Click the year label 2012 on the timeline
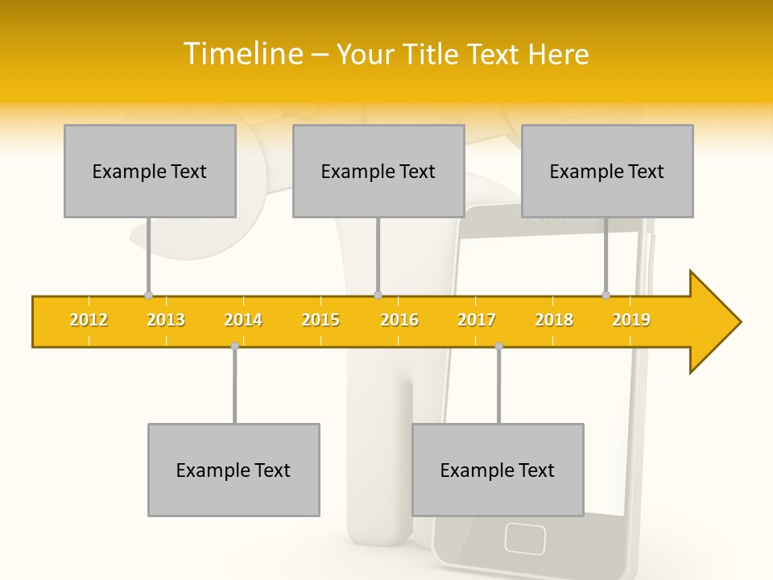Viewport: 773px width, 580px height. (x=89, y=320)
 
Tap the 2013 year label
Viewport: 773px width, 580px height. (x=166, y=320)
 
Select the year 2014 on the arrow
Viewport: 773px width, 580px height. (x=243, y=320)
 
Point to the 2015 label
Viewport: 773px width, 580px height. (x=320, y=320)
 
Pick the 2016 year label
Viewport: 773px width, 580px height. (x=399, y=320)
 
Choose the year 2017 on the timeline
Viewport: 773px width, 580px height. (x=477, y=320)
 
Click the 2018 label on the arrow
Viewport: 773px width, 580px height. (x=554, y=320)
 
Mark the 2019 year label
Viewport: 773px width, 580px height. (x=631, y=320)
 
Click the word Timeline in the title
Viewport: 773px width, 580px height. (x=242, y=54)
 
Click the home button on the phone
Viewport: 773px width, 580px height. (x=524, y=536)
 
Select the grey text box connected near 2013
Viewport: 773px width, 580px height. (x=150, y=171)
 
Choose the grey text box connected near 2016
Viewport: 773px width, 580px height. (x=378, y=171)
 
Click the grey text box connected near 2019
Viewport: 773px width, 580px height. (x=607, y=171)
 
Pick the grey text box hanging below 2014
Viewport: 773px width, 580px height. (x=234, y=470)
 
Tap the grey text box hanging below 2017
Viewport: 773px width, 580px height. (x=498, y=470)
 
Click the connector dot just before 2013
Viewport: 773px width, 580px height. (x=148, y=296)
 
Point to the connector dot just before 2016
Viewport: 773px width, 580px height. (x=378, y=296)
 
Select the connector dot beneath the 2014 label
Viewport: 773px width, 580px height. (x=234, y=346)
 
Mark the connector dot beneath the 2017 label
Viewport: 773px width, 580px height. (x=498, y=346)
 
